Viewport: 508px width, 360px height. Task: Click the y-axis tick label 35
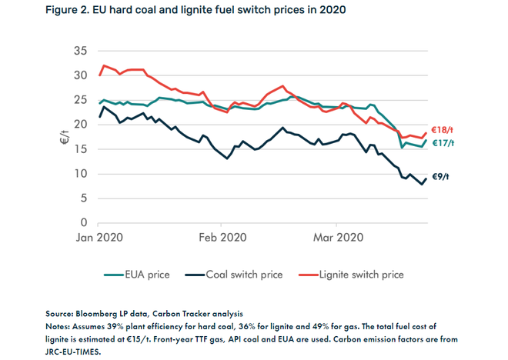coord(80,51)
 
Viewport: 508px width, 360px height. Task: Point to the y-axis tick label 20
coord(80,125)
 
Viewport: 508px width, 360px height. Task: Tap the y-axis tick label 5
coord(83,198)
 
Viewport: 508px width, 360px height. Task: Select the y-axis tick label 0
coord(83,223)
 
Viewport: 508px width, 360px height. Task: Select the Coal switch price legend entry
coord(234,274)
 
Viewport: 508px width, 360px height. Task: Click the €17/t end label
coord(442,143)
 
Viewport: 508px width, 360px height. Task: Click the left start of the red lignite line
coord(100,75)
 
